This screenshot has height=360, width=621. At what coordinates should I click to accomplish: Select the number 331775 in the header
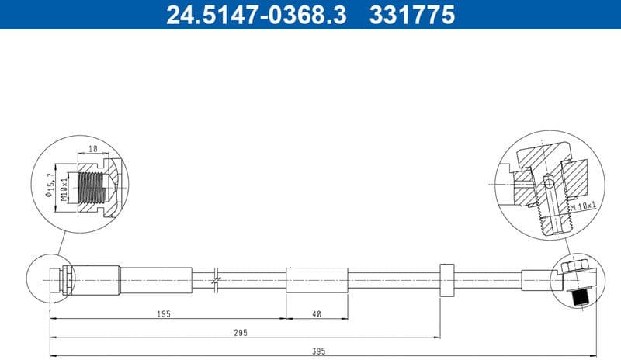(413, 15)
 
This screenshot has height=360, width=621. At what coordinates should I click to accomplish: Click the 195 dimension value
(163, 313)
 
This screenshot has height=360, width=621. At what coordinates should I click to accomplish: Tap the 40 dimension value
(317, 313)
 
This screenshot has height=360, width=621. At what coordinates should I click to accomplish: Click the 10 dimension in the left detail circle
(92, 148)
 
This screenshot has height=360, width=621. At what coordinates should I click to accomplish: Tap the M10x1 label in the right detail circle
(583, 206)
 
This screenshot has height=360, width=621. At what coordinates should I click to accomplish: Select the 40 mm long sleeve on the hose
(317, 279)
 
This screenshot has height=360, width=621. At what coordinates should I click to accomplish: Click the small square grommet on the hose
(446, 279)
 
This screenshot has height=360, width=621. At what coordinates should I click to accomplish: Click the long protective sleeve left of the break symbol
(155, 279)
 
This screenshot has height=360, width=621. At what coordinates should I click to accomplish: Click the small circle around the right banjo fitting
(575, 281)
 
